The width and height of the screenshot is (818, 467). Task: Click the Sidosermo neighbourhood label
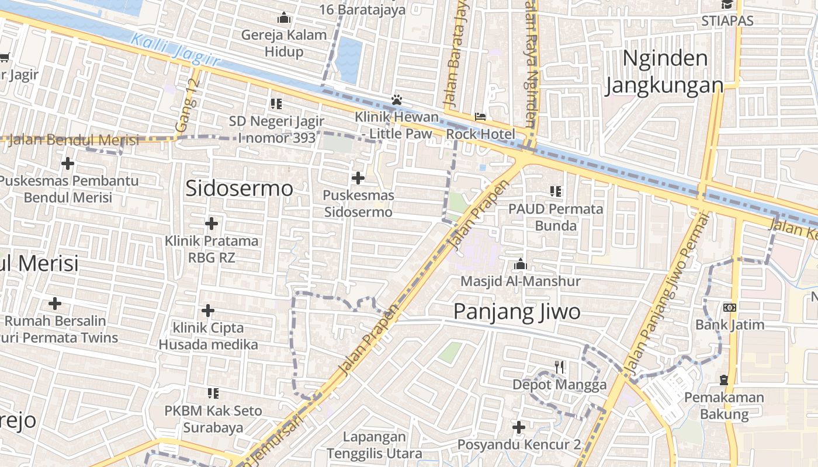coord(239,188)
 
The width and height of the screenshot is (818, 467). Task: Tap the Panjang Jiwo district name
coord(517,311)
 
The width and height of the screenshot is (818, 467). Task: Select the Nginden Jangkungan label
coord(664,72)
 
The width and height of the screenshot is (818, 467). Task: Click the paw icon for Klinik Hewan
coord(397,100)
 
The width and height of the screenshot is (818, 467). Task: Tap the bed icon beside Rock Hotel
coord(480,117)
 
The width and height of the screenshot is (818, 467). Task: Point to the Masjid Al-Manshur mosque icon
coord(520,264)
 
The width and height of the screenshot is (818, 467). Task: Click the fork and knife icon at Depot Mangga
coord(560,367)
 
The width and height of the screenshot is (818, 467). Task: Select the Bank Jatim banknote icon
coord(730,308)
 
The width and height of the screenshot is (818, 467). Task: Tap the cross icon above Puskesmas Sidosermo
coord(358,178)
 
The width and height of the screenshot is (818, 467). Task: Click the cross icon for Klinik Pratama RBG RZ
coord(212,224)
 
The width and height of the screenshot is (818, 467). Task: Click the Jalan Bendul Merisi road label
coord(74,140)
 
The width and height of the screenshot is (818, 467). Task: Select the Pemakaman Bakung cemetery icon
coord(724,380)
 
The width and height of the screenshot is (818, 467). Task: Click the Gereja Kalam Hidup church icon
coord(284,18)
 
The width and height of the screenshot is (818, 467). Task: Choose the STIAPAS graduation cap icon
coord(727,5)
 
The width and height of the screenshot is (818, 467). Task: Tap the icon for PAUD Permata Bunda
coord(555,191)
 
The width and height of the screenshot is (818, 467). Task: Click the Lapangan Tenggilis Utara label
coord(374,445)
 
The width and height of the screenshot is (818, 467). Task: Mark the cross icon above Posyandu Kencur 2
coord(518,427)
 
